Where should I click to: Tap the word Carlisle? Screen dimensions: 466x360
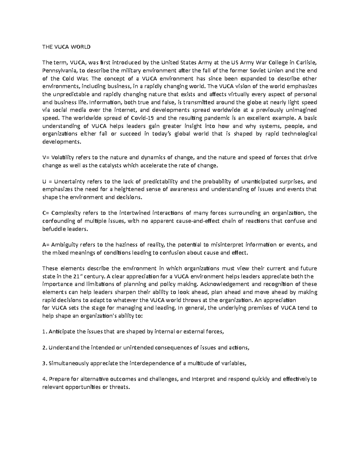click(x=306, y=63)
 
